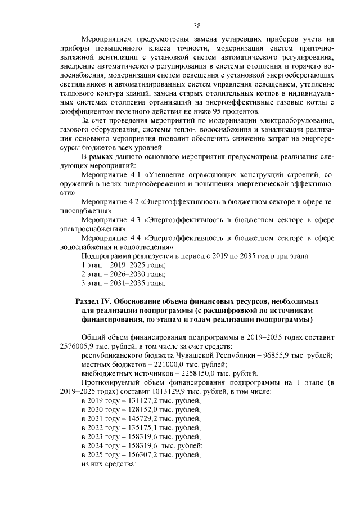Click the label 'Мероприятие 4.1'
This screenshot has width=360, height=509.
[x=110, y=175]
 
